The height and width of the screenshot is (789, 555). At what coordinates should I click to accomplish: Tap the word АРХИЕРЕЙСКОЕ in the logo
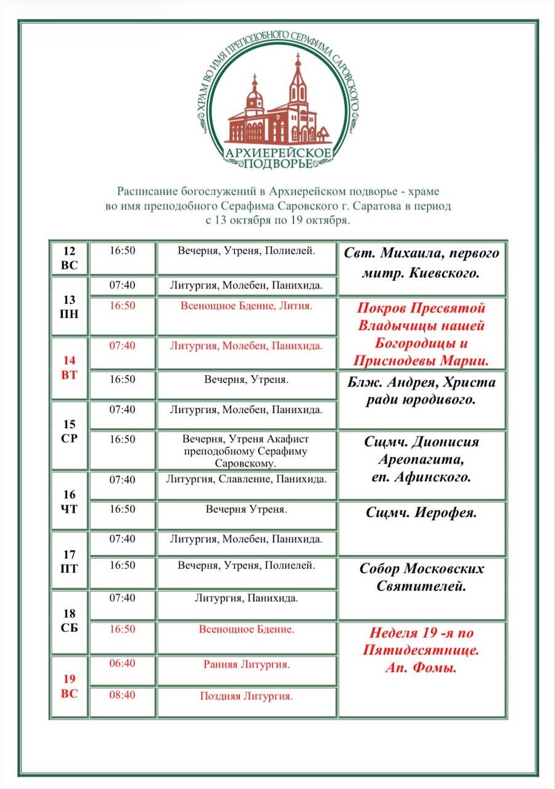click(x=278, y=152)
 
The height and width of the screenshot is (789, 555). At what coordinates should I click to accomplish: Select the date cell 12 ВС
click(x=69, y=258)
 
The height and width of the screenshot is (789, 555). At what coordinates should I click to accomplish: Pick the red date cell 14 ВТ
click(x=69, y=367)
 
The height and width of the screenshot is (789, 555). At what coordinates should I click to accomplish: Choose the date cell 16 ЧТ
click(x=69, y=501)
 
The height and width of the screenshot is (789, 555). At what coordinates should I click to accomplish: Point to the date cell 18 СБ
click(x=69, y=621)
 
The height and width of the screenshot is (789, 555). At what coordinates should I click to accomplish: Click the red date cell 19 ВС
click(x=69, y=686)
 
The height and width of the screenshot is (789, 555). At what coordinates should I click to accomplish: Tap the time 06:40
click(x=122, y=664)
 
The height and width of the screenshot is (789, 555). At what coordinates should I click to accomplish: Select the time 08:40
click(x=122, y=695)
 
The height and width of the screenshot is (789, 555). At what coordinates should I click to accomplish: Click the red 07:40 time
click(x=122, y=346)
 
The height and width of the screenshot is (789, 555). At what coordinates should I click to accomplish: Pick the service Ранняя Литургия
click(x=246, y=664)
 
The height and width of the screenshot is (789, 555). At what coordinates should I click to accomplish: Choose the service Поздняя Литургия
click(x=246, y=696)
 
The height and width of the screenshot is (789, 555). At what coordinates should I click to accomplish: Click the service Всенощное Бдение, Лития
click(x=246, y=306)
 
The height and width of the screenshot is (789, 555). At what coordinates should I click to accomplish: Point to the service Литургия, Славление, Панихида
click(x=246, y=479)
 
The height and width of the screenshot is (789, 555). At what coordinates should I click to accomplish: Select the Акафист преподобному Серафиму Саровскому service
click(x=246, y=451)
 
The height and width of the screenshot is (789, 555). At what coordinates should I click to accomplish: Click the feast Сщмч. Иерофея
click(x=421, y=513)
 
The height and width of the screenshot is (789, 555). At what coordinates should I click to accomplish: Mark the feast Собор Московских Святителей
click(x=421, y=577)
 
